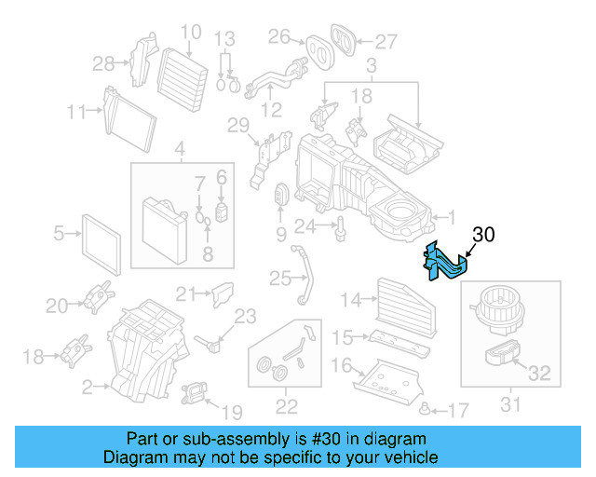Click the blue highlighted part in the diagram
pyautogui.click(x=445, y=262)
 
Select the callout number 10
pyautogui.click(x=189, y=33)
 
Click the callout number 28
pyautogui.click(x=103, y=63)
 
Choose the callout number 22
pyautogui.click(x=286, y=405)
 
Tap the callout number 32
pyautogui.click(x=539, y=375)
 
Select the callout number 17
pyautogui.click(x=458, y=409)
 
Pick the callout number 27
pyautogui.click(x=386, y=41)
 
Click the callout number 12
pyautogui.click(x=271, y=111)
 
